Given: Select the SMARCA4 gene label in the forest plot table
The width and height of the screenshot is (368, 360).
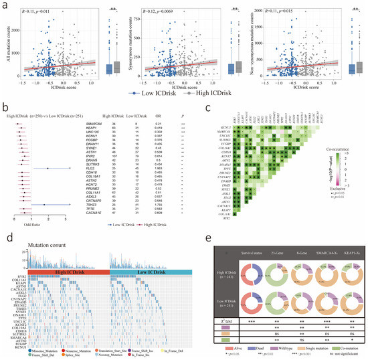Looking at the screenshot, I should (x=95, y=124).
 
